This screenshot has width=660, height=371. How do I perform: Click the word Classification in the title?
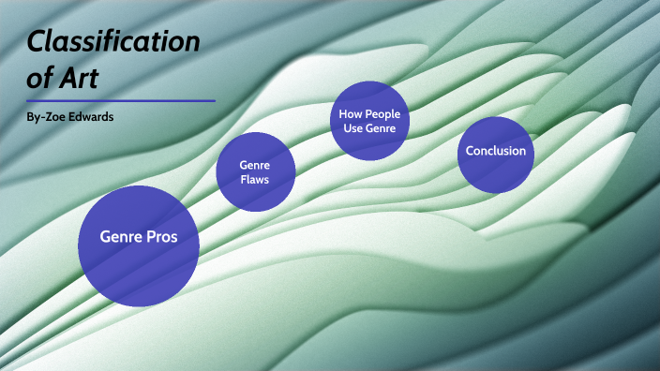tap(112, 43)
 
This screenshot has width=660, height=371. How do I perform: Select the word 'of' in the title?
tap(39, 78)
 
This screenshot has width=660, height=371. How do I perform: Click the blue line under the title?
tap(121, 100)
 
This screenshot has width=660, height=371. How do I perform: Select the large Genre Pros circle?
tap(139, 246)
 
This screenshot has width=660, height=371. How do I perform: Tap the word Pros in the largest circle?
tap(159, 237)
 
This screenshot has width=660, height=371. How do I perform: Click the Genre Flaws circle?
tap(256, 171)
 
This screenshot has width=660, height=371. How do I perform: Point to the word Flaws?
tap(255, 180)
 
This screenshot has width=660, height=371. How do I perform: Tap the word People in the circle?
tap(380, 114)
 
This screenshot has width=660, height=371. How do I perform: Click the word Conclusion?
tap(495, 151)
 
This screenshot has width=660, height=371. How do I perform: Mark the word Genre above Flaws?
tap(256, 164)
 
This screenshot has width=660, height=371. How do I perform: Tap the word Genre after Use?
tap(382, 128)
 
